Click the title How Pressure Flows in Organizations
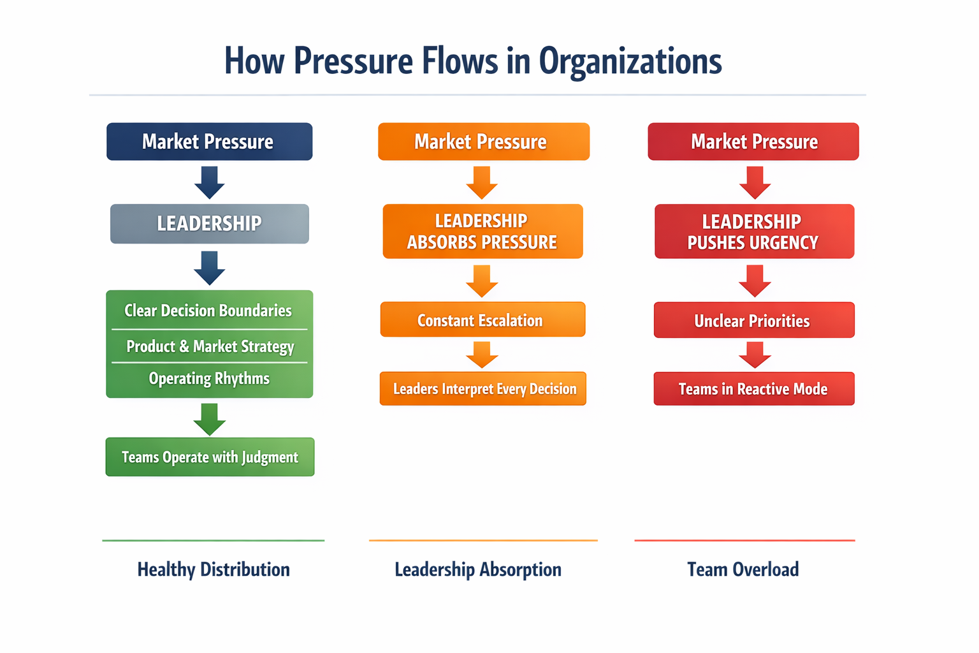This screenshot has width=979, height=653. click(x=473, y=61)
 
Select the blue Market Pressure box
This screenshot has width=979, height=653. click(x=209, y=142)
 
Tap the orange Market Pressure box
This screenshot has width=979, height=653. click(x=483, y=142)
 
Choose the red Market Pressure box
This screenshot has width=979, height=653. click(x=753, y=142)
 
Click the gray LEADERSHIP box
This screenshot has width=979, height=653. click(x=209, y=224)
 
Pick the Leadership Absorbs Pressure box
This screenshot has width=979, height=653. click(x=482, y=231)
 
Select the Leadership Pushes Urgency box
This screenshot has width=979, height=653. click(x=754, y=231)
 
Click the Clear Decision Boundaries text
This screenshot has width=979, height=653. click(x=208, y=311)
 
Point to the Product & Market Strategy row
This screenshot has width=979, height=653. click(x=210, y=346)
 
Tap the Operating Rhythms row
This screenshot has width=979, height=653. click(x=209, y=379)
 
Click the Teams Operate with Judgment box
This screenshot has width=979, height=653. click(x=210, y=457)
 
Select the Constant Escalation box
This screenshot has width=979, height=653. click(x=482, y=320)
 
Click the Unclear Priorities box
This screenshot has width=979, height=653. click(x=754, y=320)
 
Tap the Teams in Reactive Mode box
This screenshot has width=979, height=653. click(x=754, y=389)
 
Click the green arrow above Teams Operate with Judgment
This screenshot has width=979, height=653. click(x=209, y=419)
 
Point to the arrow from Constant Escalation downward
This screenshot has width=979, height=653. click(x=482, y=355)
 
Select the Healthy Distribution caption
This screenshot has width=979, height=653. click(x=214, y=569)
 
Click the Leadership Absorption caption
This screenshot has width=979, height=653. click(x=478, y=569)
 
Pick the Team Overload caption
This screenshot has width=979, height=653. click(x=743, y=569)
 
